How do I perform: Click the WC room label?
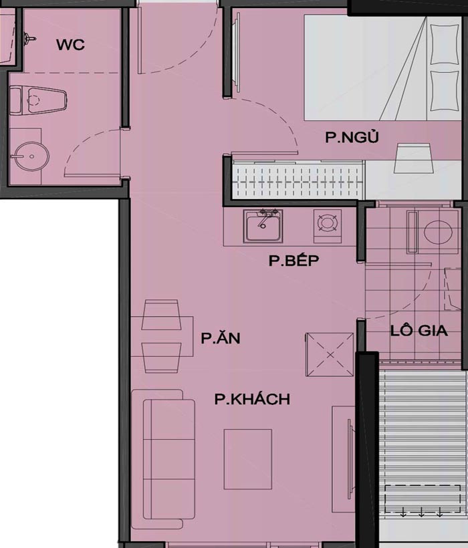(70, 45)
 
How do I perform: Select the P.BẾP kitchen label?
(294, 261)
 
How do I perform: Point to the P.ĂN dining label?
(220, 337)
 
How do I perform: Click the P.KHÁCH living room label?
(252, 399)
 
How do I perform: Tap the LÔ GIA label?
(419, 331)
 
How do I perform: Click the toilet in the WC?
(37, 100)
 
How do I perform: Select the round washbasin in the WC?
(31, 156)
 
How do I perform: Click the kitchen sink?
(263, 226)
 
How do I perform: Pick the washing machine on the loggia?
(438, 232)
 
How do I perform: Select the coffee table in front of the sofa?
(248, 459)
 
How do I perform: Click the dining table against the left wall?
(162, 336)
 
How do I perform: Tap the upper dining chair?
(161, 315)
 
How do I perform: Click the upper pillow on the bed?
(444, 44)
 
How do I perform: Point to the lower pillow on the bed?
(444, 91)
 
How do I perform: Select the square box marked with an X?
(330, 354)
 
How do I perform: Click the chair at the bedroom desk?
(413, 158)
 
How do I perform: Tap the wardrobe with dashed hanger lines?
(298, 181)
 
